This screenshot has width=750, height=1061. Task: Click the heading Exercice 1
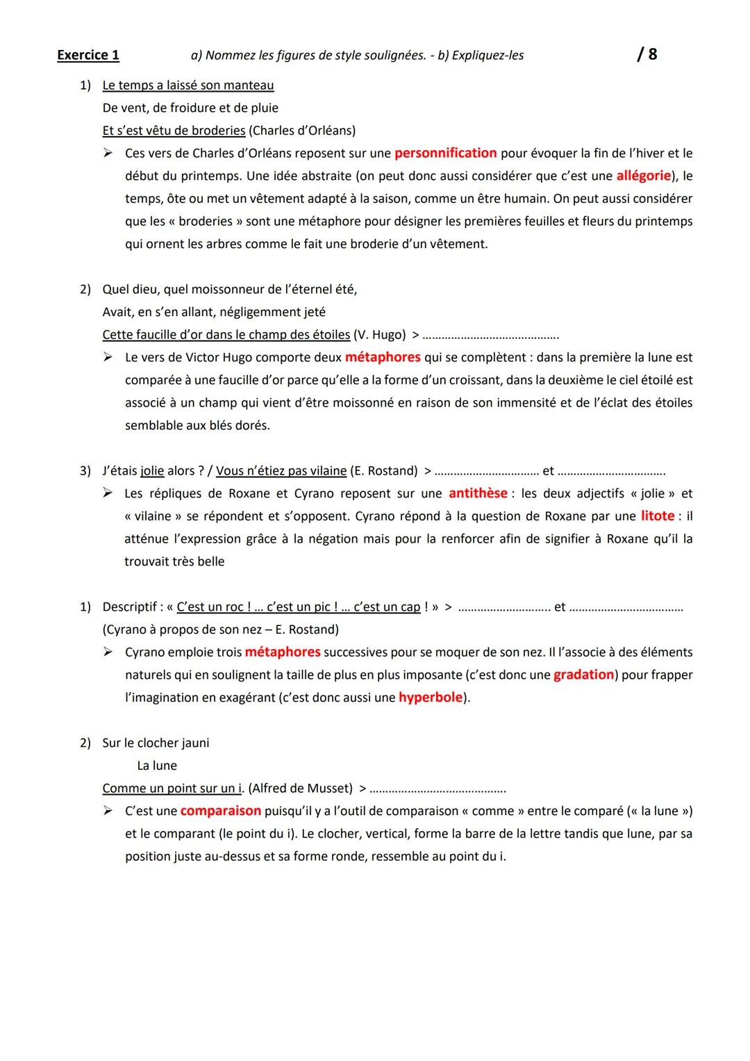(x=88, y=55)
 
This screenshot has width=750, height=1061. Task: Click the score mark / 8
(x=647, y=54)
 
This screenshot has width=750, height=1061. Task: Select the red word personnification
(x=446, y=153)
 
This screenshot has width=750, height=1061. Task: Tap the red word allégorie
(x=643, y=176)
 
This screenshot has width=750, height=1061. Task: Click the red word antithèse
(x=478, y=493)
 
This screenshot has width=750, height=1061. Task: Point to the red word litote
(x=658, y=516)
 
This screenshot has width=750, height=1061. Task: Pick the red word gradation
(x=583, y=675)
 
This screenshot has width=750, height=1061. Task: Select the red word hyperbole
(x=431, y=698)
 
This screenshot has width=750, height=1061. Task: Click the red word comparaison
(x=221, y=811)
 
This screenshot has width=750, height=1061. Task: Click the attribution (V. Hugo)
(x=379, y=335)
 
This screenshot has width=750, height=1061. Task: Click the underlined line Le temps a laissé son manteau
(x=187, y=85)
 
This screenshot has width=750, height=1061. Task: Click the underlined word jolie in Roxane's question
(x=152, y=471)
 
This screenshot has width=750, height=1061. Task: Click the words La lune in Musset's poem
(x=157, y=766)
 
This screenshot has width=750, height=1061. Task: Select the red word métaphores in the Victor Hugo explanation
(x=383, y=357)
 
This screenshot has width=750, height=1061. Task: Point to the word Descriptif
(x=130, y=607)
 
